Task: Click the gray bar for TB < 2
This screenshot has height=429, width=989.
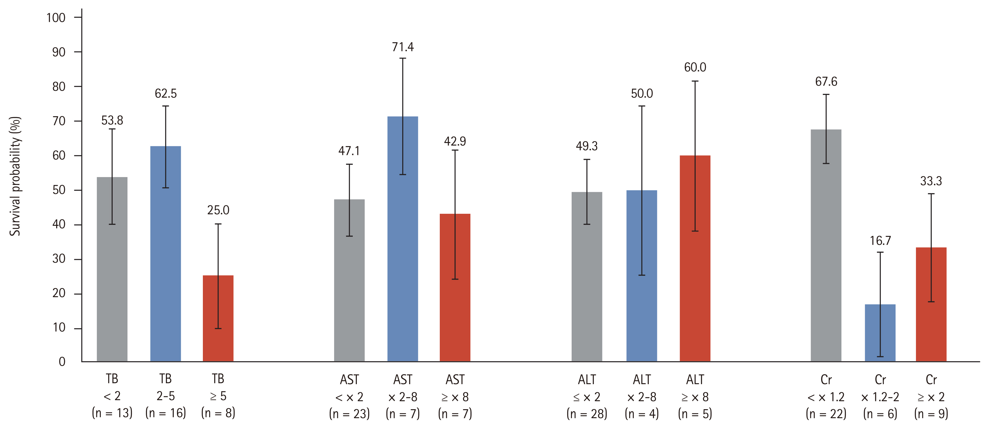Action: click(x=112, y=269)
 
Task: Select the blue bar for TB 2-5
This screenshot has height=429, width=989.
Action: click(x=166, y=253)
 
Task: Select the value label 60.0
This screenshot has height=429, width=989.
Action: click(x=695, y=68)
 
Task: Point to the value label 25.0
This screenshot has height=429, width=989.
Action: click(x=218, y=210)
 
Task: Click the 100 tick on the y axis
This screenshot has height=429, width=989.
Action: click(x=56, y=18)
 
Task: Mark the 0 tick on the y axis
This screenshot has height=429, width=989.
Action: click(x=62, y=362)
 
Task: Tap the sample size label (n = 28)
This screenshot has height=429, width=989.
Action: click(x=587, y=414)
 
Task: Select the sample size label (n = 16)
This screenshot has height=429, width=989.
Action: click(x=166, y=413)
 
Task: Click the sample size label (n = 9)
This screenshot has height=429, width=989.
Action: click(x=931, y=414)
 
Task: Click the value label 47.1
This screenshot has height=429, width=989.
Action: click(x=349, y=151)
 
